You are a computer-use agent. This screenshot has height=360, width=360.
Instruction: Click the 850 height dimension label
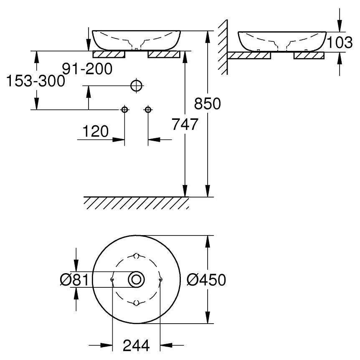pyautogui.click(x=207, y=104)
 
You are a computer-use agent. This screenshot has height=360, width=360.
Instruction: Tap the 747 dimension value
pyautogui.click(x=185, y=124)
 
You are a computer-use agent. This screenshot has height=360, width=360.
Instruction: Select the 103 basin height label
pyautogui.click(x=340, y=42)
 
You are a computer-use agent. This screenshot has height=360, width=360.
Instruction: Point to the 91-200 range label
pyautogui.click(x=87, y=68)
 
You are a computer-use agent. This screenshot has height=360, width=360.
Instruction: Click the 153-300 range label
pyautogui.click(x=35, y=81)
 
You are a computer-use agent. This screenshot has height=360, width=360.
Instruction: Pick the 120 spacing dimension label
pyautogui.click(x=95, y=131)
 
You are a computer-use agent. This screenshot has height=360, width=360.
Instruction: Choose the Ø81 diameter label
pyautogui.click(x=74, y=280)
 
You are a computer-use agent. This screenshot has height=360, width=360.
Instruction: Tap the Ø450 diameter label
pyautogui.click(x=206, y=280)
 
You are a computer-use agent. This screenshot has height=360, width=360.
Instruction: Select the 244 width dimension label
pyautogui.click(x=136, y=345)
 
